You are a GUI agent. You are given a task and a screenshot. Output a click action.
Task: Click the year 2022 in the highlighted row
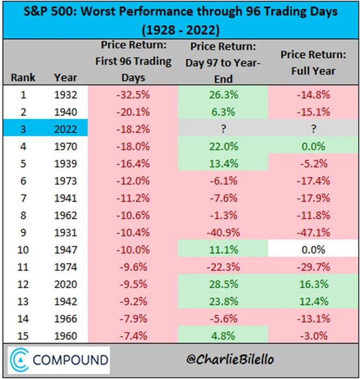pyautogui.click(x=65, y=128)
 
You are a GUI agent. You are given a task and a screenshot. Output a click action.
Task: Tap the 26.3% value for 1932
pyautogui.click(x=223, y=95)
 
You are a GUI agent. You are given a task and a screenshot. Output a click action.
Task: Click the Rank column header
pyautogui.click(x=23, y=77)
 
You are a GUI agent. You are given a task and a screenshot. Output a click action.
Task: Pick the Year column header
pyautogui.click(x=65, y=77)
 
